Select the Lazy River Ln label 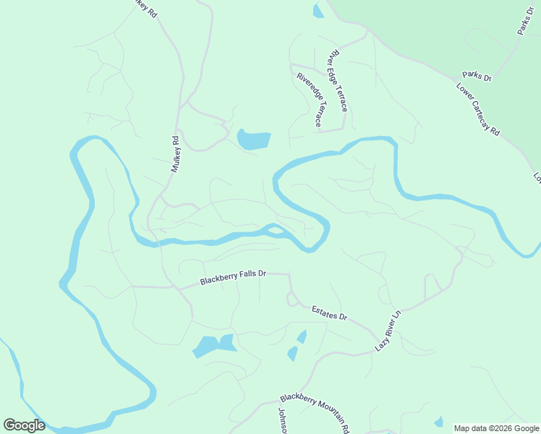pos(388,332)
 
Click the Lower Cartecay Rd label pos(477,110)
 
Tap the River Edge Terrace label pos(338,80)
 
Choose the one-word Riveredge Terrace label pos(309,100)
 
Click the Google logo pos(24,425)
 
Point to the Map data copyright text pos(496,428)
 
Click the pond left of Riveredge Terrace pos(253,139)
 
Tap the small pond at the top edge pos(318,11)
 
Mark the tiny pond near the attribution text pos(438,422)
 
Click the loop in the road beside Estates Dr pos(292,298)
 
